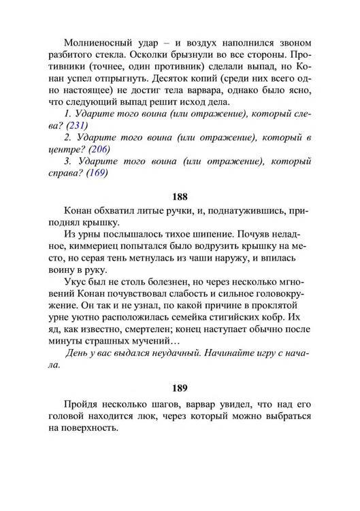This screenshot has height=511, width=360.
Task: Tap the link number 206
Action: point(99,149)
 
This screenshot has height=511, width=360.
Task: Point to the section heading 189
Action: point(180,390)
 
